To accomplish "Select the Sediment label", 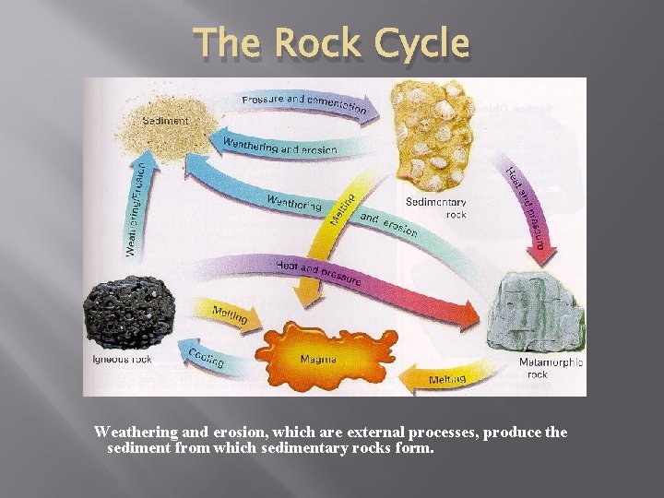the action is pos(165,121).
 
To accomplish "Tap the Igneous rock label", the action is pos(122,358).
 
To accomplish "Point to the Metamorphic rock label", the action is pos(551,368).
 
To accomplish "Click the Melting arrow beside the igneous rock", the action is pos(229,314).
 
